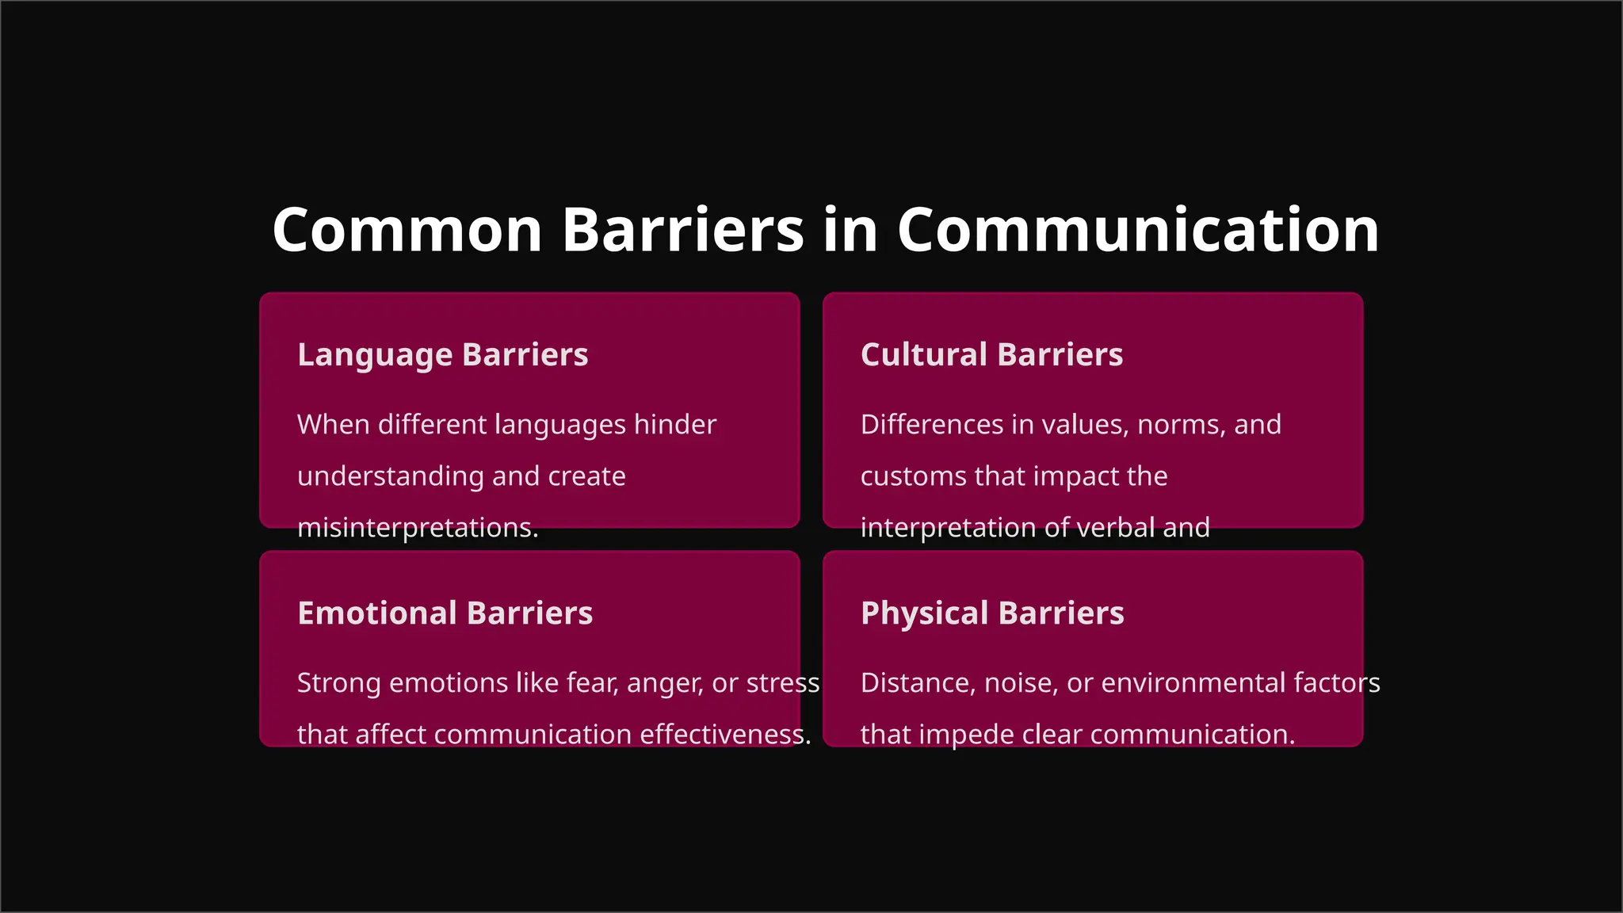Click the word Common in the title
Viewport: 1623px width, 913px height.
407,231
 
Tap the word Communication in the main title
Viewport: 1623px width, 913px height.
1138,231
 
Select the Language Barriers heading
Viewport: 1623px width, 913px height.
442,355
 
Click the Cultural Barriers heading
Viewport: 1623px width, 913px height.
991,355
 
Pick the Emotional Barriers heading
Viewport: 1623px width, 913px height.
445,613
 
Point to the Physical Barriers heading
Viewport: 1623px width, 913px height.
992,613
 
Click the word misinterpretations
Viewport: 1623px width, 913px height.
417,528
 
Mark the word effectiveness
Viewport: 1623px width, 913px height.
724,735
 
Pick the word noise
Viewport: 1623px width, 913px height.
1021,684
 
